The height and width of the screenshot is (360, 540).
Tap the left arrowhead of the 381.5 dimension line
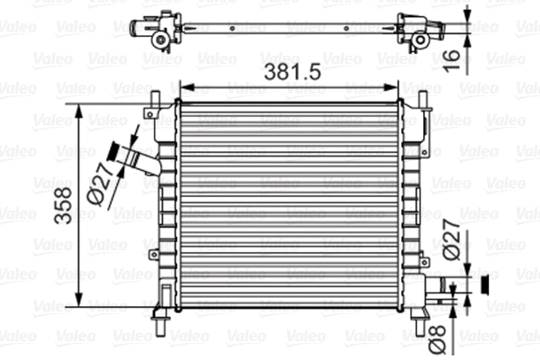[x=186, y=88]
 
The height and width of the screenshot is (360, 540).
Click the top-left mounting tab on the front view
[x=151, y=112]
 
